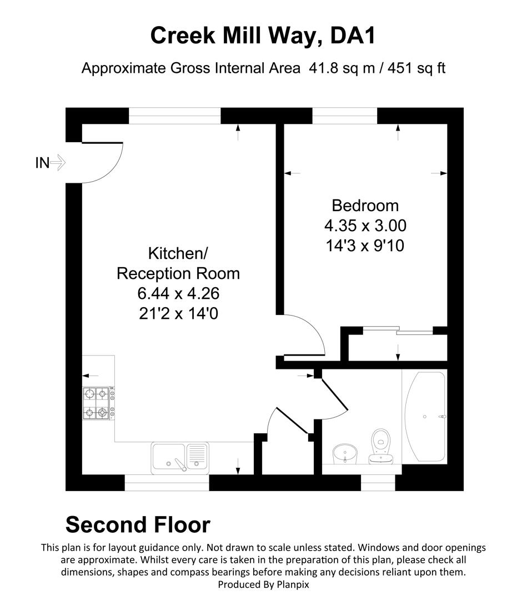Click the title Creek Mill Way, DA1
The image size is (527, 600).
(x=263, y=36)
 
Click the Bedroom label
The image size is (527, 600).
(x=365, y=206)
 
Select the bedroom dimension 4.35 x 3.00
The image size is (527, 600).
(x=365, y=226)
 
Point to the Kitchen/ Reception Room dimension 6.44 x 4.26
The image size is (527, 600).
(x=178, y=293)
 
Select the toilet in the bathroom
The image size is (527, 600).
(x=381, y=445)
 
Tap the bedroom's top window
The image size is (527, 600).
(x=345, y=116)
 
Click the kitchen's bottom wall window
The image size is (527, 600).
(x=167, y=483)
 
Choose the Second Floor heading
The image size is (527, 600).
(x=138, y=524)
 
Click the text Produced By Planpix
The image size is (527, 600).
(x=263, y=584)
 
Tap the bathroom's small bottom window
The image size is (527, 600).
(x=378, y=482)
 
